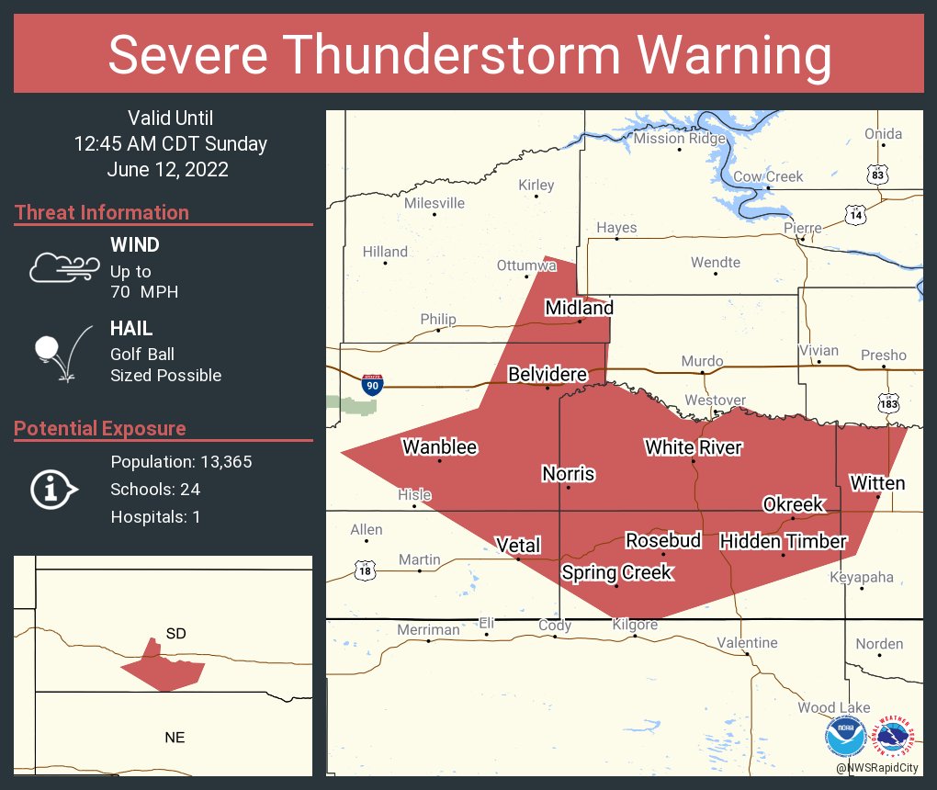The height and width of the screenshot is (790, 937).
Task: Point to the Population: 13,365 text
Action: point(181,462)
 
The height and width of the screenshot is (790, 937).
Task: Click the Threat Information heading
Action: point(102,213)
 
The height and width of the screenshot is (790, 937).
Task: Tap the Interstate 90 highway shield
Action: point(371,385)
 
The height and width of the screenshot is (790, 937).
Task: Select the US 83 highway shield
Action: point(878,173)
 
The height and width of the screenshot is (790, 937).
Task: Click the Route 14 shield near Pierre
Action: point(855,215)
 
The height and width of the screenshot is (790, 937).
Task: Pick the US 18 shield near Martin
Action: point(365,570)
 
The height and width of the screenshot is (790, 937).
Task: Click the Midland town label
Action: point(579,308)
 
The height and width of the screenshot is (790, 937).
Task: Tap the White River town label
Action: point(693,447)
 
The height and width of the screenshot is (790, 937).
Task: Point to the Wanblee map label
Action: point(440,447)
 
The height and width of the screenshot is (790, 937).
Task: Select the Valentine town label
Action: point(747,643)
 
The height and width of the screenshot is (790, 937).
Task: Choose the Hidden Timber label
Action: point(783,541)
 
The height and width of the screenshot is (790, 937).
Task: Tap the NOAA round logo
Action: point(846,737)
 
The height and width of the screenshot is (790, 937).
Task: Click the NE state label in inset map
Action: point(174,737)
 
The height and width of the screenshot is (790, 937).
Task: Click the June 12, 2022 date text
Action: point(167,170)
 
